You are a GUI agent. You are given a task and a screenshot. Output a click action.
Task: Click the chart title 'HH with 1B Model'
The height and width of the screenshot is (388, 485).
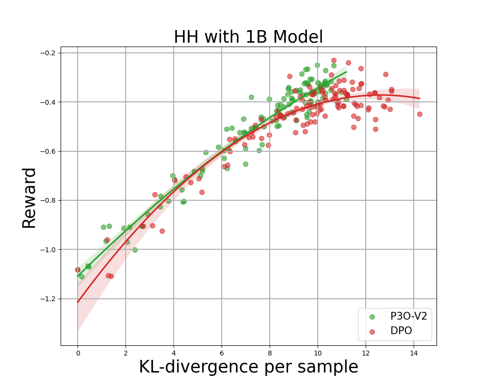(x=248, y=37)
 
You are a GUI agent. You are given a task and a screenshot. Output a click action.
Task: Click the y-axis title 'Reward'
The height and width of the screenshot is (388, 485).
(x=30, y=197)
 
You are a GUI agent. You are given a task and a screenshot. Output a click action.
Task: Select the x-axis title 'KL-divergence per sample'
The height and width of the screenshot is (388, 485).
(x=248, y=367)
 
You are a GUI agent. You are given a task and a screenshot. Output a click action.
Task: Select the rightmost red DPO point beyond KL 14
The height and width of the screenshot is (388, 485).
(x=420, y=114)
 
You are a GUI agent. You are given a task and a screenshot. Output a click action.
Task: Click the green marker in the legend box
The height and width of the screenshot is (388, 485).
(x=372, y=317)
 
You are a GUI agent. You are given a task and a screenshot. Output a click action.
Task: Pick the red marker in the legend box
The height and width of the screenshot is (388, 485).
(x=372, y=331)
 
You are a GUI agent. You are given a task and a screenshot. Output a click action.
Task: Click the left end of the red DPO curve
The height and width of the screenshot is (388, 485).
(x=78, y=302)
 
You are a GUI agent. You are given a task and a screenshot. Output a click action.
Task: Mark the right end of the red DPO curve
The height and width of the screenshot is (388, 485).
(x=420, y=98)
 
